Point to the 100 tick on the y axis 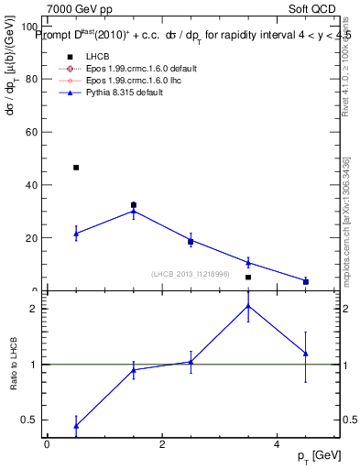(x=26, y=27)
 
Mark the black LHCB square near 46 (x=76, y=168)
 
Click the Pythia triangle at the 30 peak (x=134, y=211)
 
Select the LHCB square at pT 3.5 (x=248, y=277)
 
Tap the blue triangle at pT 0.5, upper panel (x=76, y=234)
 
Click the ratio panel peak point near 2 (x=248, y=305)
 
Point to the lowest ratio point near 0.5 (x=76, y=426)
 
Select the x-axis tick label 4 (x=277, y=444)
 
